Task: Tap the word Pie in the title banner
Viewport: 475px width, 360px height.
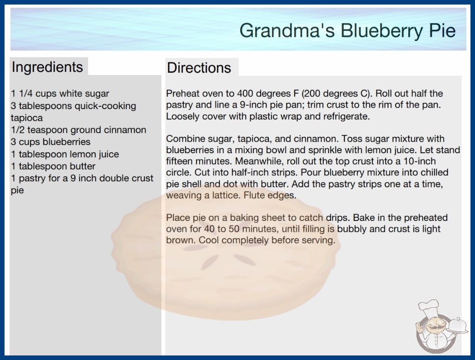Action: (x=442, y=30)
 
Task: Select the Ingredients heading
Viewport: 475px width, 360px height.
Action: (x=47, y=67)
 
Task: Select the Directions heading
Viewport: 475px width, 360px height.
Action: (x=199, y=68)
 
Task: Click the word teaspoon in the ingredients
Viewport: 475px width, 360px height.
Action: (x=48, y=130)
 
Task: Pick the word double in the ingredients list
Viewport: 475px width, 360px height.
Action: (x=114, y=178)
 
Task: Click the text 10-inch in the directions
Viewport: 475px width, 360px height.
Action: (x=420, y=161)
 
